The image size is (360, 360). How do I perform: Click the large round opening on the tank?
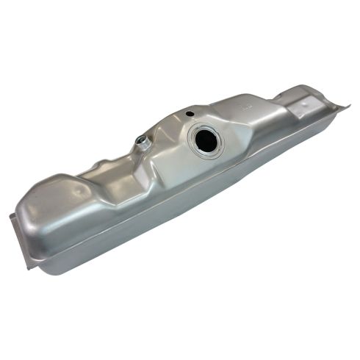[x=206, y=140]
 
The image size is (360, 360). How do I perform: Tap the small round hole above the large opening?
[x=190, y=114]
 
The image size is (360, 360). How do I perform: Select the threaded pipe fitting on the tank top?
[x=144, y=144]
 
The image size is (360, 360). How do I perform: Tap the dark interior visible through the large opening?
[x=207, y=141]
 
